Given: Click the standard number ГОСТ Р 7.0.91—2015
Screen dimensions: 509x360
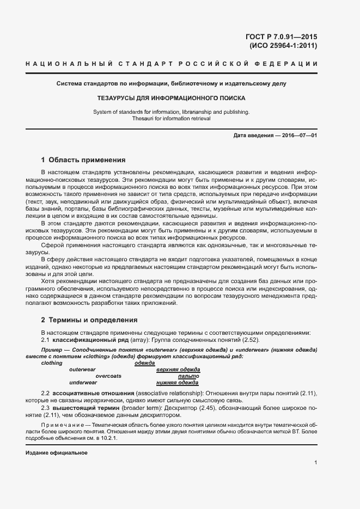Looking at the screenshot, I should pos(282,37).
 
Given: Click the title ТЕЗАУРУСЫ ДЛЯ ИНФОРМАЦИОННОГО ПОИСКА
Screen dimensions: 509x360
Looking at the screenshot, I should pos(171,99).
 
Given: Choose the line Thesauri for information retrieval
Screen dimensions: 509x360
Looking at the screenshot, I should pos(171,118).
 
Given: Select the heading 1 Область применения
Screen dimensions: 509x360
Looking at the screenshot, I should pos(83,160).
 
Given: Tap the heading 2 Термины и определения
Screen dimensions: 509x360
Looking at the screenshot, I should pos(89,320).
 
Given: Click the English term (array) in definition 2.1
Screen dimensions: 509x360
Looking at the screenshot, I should pos(135,339).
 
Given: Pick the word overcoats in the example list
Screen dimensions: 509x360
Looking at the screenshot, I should pos(108,376).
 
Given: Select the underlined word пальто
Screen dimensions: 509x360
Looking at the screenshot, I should pos(188,376).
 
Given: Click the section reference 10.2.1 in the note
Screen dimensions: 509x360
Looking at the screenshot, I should pos(111,437).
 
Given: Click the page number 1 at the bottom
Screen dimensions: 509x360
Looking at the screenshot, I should pos(316,463).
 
